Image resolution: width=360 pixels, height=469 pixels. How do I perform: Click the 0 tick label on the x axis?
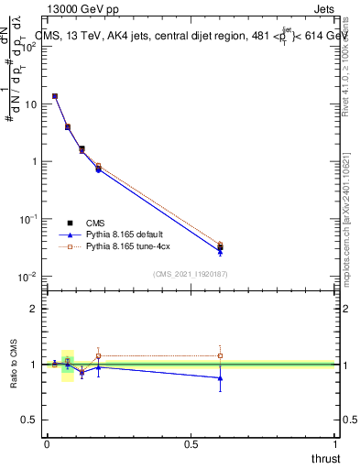tap(46, 444)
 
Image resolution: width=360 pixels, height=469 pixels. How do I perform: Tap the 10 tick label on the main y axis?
tap(29, 104)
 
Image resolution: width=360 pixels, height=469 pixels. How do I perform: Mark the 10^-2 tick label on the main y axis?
tap(27, 277)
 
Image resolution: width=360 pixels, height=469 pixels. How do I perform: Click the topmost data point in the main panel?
tap(55, 96)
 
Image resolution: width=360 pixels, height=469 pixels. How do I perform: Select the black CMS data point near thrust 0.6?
tap(220, 247)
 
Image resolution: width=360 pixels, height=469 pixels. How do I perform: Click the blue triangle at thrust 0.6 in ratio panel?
tap(220, 377)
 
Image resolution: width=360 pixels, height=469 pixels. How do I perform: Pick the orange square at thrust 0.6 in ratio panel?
tap(220, 355)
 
